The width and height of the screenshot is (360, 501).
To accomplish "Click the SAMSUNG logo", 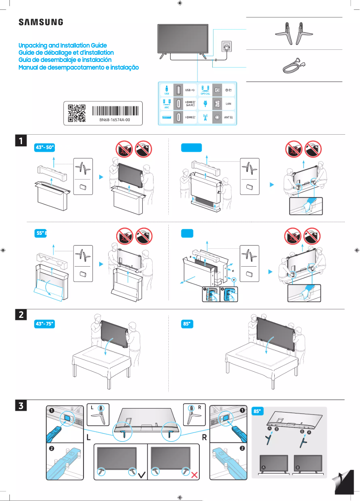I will coord(40,22).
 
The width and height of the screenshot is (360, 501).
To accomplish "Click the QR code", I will coord(76,113).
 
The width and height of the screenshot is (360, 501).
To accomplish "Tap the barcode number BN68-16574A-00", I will coord(114,120).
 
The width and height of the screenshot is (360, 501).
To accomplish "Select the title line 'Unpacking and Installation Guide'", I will coord(62,46).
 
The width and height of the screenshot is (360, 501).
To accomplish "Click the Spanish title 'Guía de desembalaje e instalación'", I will coord(65,60).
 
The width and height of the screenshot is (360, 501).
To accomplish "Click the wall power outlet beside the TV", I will coord(224,47).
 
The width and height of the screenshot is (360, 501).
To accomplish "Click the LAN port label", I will coord(228,103).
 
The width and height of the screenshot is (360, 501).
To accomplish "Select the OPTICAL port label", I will coord(205,94).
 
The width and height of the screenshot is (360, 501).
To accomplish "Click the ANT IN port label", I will coord(228,117).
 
